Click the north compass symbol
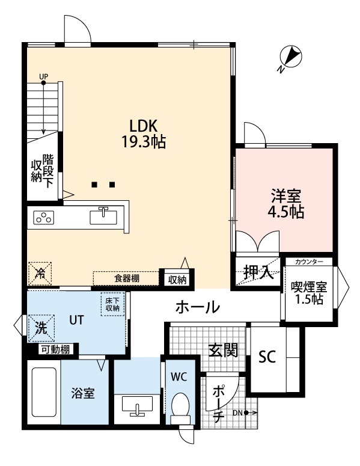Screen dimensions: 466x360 [x=291, y=58]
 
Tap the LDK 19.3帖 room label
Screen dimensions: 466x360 [x=144, y=134]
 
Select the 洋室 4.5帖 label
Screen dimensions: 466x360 [x=285, y=204]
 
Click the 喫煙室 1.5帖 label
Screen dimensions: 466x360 [x=308, y=293]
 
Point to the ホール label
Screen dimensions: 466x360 [x=197, y=308]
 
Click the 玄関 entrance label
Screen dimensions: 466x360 [x=222, y=350]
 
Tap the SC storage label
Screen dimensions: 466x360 [x=266, y=357]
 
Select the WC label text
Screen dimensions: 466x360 [x=178, y=377]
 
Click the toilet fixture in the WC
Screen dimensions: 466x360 [x=180, y=407]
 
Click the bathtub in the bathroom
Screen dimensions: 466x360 [x=43, y=393]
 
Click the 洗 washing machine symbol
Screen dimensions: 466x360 [x=40, y=328]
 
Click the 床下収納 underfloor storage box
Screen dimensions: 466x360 [x=112, y=304]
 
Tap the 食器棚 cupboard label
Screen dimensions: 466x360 [x=127, y=278]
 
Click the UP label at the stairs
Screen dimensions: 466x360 [x=43, y=77]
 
